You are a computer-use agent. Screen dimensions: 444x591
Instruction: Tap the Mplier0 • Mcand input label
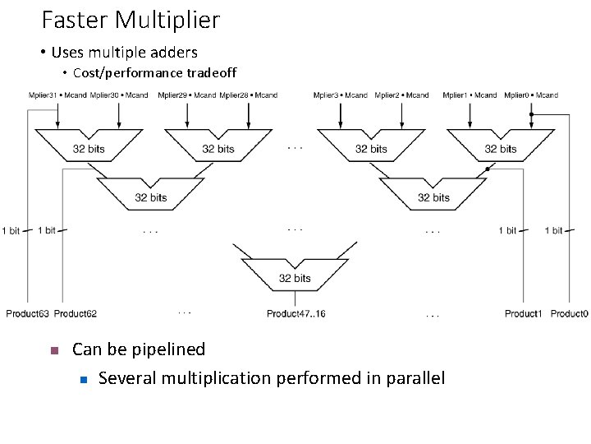pos(531,95)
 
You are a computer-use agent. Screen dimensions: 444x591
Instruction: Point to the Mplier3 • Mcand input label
pos(341,95)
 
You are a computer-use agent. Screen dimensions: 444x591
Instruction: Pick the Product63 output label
pos(27,313)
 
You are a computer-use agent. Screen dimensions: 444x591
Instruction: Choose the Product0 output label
pos(570,313)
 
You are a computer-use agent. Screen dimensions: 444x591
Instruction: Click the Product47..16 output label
pos(296,313)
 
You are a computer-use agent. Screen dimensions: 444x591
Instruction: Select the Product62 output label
pos(76,313)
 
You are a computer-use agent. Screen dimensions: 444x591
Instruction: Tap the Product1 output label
pos(523,313)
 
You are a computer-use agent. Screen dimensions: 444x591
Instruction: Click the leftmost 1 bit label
pos(11,231)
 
